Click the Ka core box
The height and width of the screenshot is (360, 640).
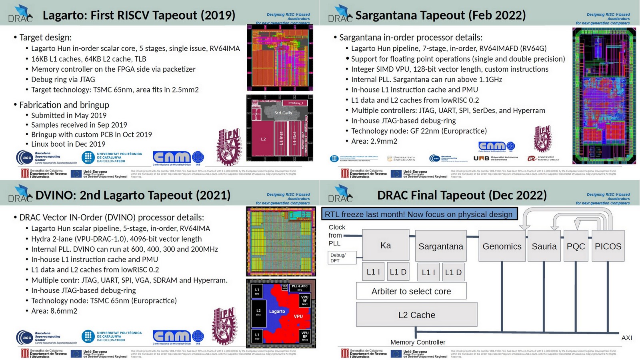click(386, 245)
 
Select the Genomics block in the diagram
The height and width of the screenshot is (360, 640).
click(502, 246)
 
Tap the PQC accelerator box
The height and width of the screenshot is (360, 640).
click(576, 246)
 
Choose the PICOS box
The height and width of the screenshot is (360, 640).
click(608, 246)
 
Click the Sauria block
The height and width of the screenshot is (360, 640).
click(544, 246)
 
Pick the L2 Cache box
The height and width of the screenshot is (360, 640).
click(416, 315)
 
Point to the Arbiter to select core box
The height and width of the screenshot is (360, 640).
click(411, 291)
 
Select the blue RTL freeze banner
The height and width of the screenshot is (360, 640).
click(419, 214)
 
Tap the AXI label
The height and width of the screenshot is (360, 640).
click(626, 338)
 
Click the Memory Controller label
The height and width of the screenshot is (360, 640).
click(418, 342)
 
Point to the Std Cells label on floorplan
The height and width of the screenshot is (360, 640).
click(283, 113)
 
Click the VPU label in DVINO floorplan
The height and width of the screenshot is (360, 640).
click(298, 316)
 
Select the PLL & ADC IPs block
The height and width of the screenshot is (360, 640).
click(300, 288)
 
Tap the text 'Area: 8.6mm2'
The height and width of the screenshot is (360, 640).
click(54, 311)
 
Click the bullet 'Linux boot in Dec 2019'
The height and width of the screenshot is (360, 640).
click(68, 144)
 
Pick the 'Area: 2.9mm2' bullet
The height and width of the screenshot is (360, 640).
click(374, 141)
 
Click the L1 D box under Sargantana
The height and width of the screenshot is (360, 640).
click(453, 272)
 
